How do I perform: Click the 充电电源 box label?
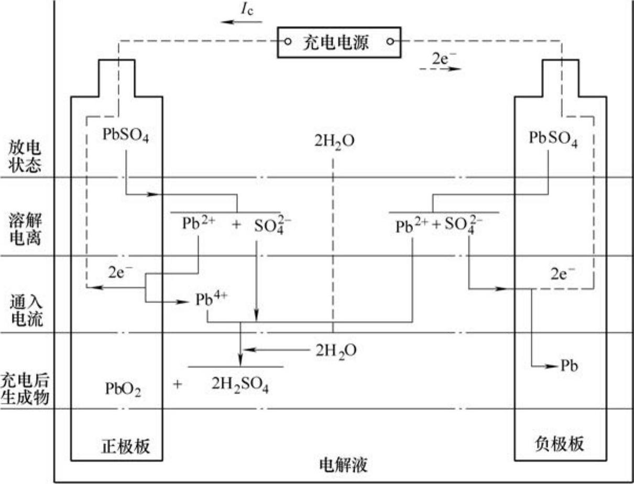click(336, 42)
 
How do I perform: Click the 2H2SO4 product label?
click(241, 384)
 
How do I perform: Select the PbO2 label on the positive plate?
click(123, 389)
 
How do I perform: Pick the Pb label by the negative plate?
click(569, 366)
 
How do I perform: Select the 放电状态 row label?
click(25, 155)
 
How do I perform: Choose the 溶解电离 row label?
click(25, 230)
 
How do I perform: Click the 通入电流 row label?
click(25, 309)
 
